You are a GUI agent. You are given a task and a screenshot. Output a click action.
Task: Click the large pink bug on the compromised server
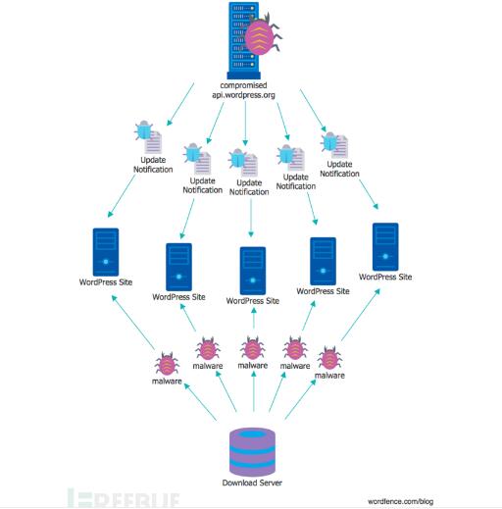(x=262, y=35)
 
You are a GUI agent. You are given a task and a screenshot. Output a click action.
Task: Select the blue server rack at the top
(x=244, y=41)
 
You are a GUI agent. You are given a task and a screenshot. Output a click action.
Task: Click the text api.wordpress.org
(x=243, y=95)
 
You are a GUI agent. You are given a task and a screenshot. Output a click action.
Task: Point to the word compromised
(x=243, y=85)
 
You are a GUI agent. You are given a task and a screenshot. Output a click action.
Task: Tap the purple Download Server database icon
(x=252, y=452)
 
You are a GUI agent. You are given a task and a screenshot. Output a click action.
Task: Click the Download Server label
(x=252, y=483)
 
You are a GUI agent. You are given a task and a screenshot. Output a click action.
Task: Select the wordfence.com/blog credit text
(x=400, y=501)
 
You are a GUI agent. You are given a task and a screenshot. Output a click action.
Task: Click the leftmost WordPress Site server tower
(x=106, y=252)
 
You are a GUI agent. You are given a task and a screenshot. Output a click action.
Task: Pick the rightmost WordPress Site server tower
(x=385, y=247)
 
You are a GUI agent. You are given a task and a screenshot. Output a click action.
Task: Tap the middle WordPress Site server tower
(x=253, y=271)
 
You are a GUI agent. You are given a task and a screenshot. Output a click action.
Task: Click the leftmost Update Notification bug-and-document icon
(x=148, y=137)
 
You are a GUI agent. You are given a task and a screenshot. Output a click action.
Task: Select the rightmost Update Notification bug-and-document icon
(x=334, y=145)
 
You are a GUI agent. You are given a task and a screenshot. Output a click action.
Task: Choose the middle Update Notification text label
(x=249, y=187)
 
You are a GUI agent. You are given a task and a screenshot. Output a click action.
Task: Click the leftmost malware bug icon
(x=167, y=364)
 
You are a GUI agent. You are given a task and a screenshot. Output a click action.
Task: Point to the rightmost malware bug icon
(x=329, y=358)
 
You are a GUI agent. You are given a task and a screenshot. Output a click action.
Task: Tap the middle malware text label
(x=253, y=365)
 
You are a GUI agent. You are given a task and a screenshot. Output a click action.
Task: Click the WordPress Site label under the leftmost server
(x=106, y=282)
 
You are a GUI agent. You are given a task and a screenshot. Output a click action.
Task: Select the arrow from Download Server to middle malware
(x=254, y=390)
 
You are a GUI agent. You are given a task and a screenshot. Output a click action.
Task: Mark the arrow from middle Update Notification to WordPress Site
(x=251, y=218)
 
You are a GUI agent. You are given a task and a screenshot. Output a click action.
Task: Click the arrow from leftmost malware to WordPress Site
(x=133, y=322)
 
